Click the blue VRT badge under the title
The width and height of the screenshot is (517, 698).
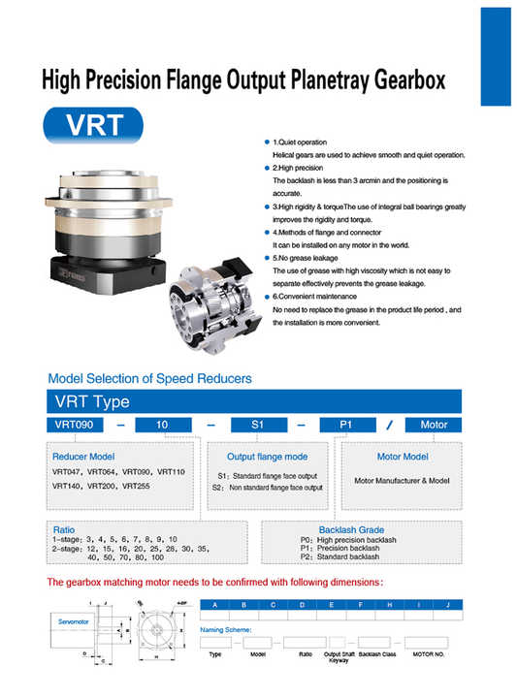[93, 127]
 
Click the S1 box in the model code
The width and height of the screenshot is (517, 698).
[256, 425]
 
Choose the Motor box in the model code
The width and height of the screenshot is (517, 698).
[433, 425]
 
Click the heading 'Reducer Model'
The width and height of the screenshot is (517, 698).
[83, 456]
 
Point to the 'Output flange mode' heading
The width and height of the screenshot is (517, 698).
[267, 456]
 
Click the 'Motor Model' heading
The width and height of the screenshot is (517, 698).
[402, 456]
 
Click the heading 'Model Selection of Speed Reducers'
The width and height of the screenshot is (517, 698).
[149, 378]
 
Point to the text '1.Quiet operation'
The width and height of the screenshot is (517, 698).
[305, 143]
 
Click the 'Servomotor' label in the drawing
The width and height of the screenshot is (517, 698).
[71, 618]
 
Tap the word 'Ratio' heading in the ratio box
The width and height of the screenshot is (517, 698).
[63, 530]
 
